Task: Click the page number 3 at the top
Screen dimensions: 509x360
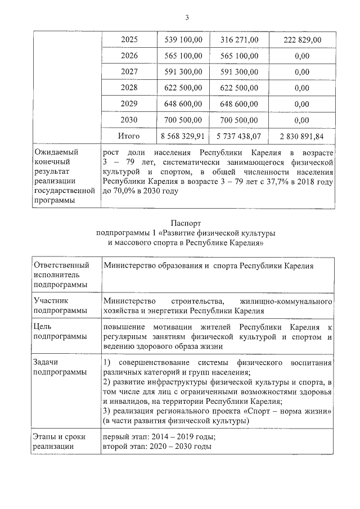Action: pyautogui.click(x=186, y=18)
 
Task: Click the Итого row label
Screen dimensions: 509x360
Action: pyautogui.click(x=129, y=136)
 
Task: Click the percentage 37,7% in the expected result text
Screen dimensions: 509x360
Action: pyautogui.click(x=273, y=182)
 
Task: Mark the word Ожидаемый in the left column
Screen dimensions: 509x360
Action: pyautogui.click(x=56, y=152)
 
